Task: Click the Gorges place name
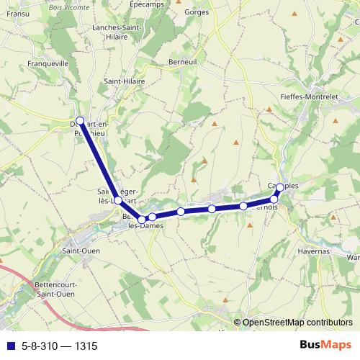pyautogui.click(x=196, y=12)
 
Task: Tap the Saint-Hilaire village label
pyautogui.click(x=125, y=82)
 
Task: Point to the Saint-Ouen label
pyautogui.click(x=81, y=251)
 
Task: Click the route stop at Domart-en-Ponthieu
pyautogui.click(x=80, y=121)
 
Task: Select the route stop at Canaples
pyautogui.click(x=280, y=188)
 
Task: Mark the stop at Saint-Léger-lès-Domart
pyautogui.click(x=118, y=200)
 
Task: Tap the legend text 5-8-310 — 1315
pyautogui.click(x=59, y=346)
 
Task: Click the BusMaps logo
pyautogui.click(x=321, y=345)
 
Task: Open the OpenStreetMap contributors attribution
pyautogui.click(x=297, y=323)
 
